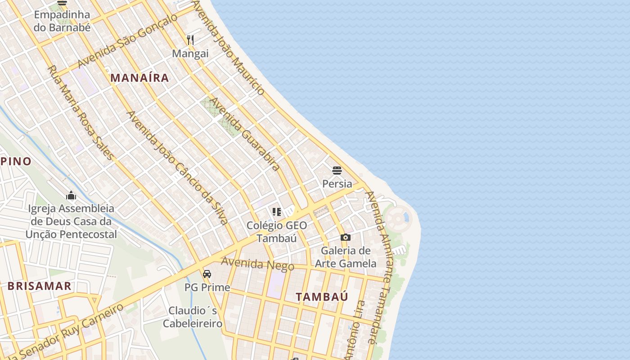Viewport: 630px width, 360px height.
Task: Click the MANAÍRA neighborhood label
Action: tap(139, 78)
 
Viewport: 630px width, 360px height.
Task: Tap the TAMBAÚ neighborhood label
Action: tap(322, 297)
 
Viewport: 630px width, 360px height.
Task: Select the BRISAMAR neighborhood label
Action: tap(39, 286)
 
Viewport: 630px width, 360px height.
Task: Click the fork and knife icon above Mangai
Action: tap(190, 40)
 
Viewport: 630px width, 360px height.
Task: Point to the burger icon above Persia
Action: tap(337, 171)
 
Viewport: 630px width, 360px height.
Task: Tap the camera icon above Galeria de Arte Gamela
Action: tap(346, 237)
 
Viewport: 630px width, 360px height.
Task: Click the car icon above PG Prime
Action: tap(207, 274)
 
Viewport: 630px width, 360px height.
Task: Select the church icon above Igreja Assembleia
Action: tap(71, 195)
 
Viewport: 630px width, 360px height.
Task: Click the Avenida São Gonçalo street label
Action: tap(127, 41)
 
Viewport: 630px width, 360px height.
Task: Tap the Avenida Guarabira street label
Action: tap(245, 134)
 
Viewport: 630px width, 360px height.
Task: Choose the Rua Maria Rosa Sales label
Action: tap(81, 112)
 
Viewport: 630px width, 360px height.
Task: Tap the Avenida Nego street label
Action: tap(257, 263)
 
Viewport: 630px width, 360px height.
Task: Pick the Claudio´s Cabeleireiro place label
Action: tap(193, 317)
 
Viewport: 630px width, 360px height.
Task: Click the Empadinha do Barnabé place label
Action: tap(62, 21)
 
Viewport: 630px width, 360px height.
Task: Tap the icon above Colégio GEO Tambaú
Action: tap(276, 211)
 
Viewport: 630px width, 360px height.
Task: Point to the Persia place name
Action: tap(337, 184)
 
